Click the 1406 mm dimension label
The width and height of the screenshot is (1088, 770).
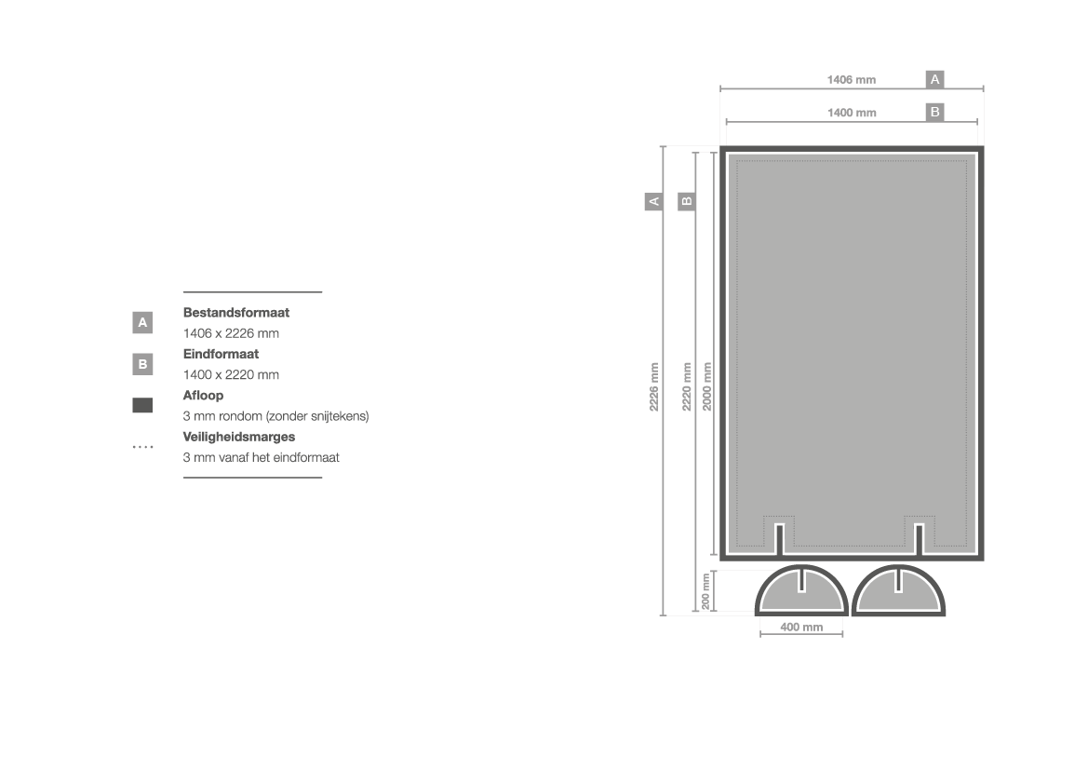click(852, 80)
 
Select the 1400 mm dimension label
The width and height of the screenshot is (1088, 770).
click(852, 113)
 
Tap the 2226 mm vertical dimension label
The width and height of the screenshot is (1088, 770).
click(653, 386)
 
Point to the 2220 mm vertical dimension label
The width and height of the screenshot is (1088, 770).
click(686, 386)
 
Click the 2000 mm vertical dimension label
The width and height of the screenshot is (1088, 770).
click(707, 386)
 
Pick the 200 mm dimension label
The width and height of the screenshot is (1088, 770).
click(705, 591)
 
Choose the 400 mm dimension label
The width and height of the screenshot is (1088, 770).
click(801, 627)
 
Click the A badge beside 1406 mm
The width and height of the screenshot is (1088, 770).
click(934, 79)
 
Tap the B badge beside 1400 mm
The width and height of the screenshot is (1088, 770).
click(934, 112)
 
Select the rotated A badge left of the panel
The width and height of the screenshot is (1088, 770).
click(653, 201)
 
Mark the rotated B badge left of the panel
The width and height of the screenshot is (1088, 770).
click(686, 201)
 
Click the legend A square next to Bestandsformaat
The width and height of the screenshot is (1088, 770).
click(142, 322)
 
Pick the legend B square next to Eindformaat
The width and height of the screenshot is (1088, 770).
click(142, 364)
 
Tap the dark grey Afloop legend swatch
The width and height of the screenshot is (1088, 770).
click(142, 405)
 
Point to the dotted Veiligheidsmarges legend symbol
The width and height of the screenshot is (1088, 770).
click(142, 447)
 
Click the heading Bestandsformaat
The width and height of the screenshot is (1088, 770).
click(235, 313)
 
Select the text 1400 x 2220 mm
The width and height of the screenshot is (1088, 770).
click(231, 375)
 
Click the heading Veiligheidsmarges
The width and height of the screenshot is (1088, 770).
click(238, 437)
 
